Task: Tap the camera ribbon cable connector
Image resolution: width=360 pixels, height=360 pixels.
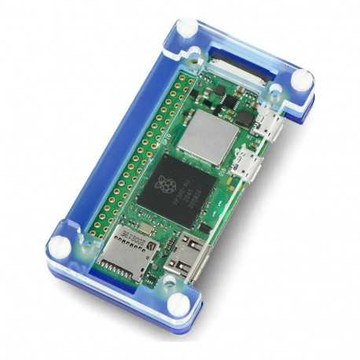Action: pos(241,65)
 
